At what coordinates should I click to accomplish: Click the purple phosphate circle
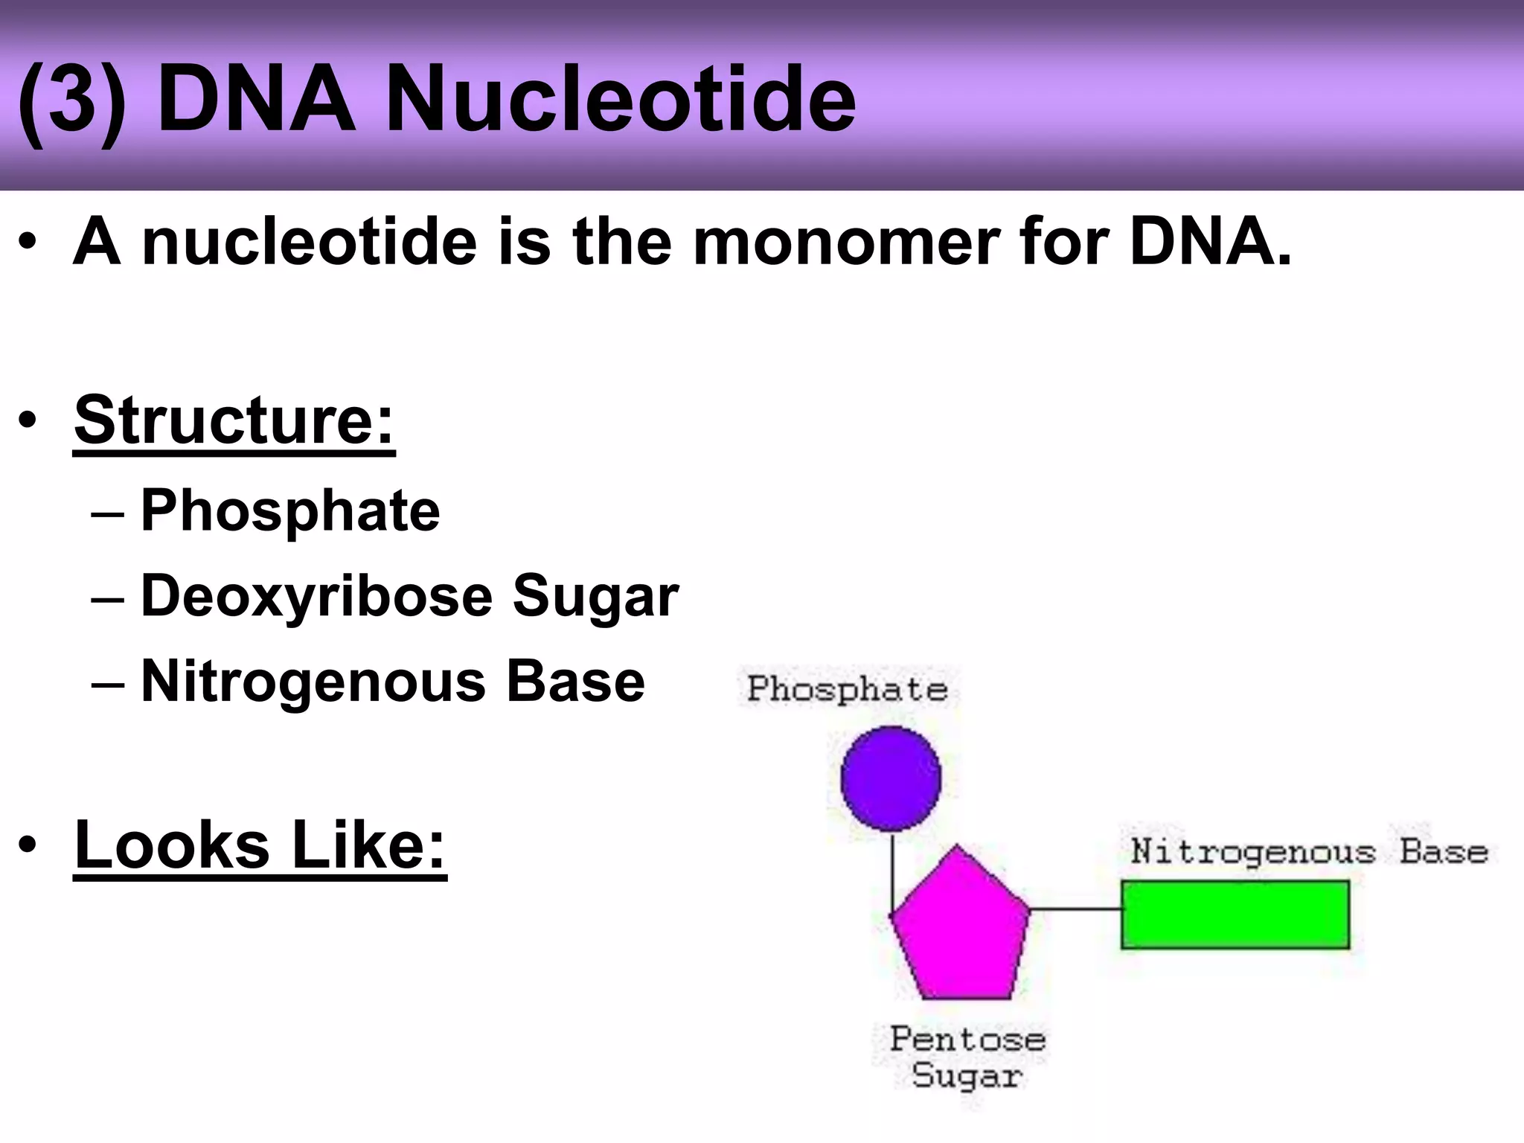[891, 778]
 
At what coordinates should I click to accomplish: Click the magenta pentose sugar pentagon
[960, 930]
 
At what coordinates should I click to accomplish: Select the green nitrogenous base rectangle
[1235, 915]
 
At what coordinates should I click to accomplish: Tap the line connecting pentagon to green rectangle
[1076, 909]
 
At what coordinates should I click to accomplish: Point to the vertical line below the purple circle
[892, 871]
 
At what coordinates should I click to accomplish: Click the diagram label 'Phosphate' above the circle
[847, 689]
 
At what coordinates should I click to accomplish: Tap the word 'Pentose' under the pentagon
[967, 1039]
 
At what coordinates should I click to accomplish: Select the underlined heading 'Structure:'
[234, 420]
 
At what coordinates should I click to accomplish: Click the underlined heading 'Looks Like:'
[260, 845]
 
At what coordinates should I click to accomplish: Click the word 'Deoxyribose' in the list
[317, 596]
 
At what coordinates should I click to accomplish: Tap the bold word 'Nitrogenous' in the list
[313, 682]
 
